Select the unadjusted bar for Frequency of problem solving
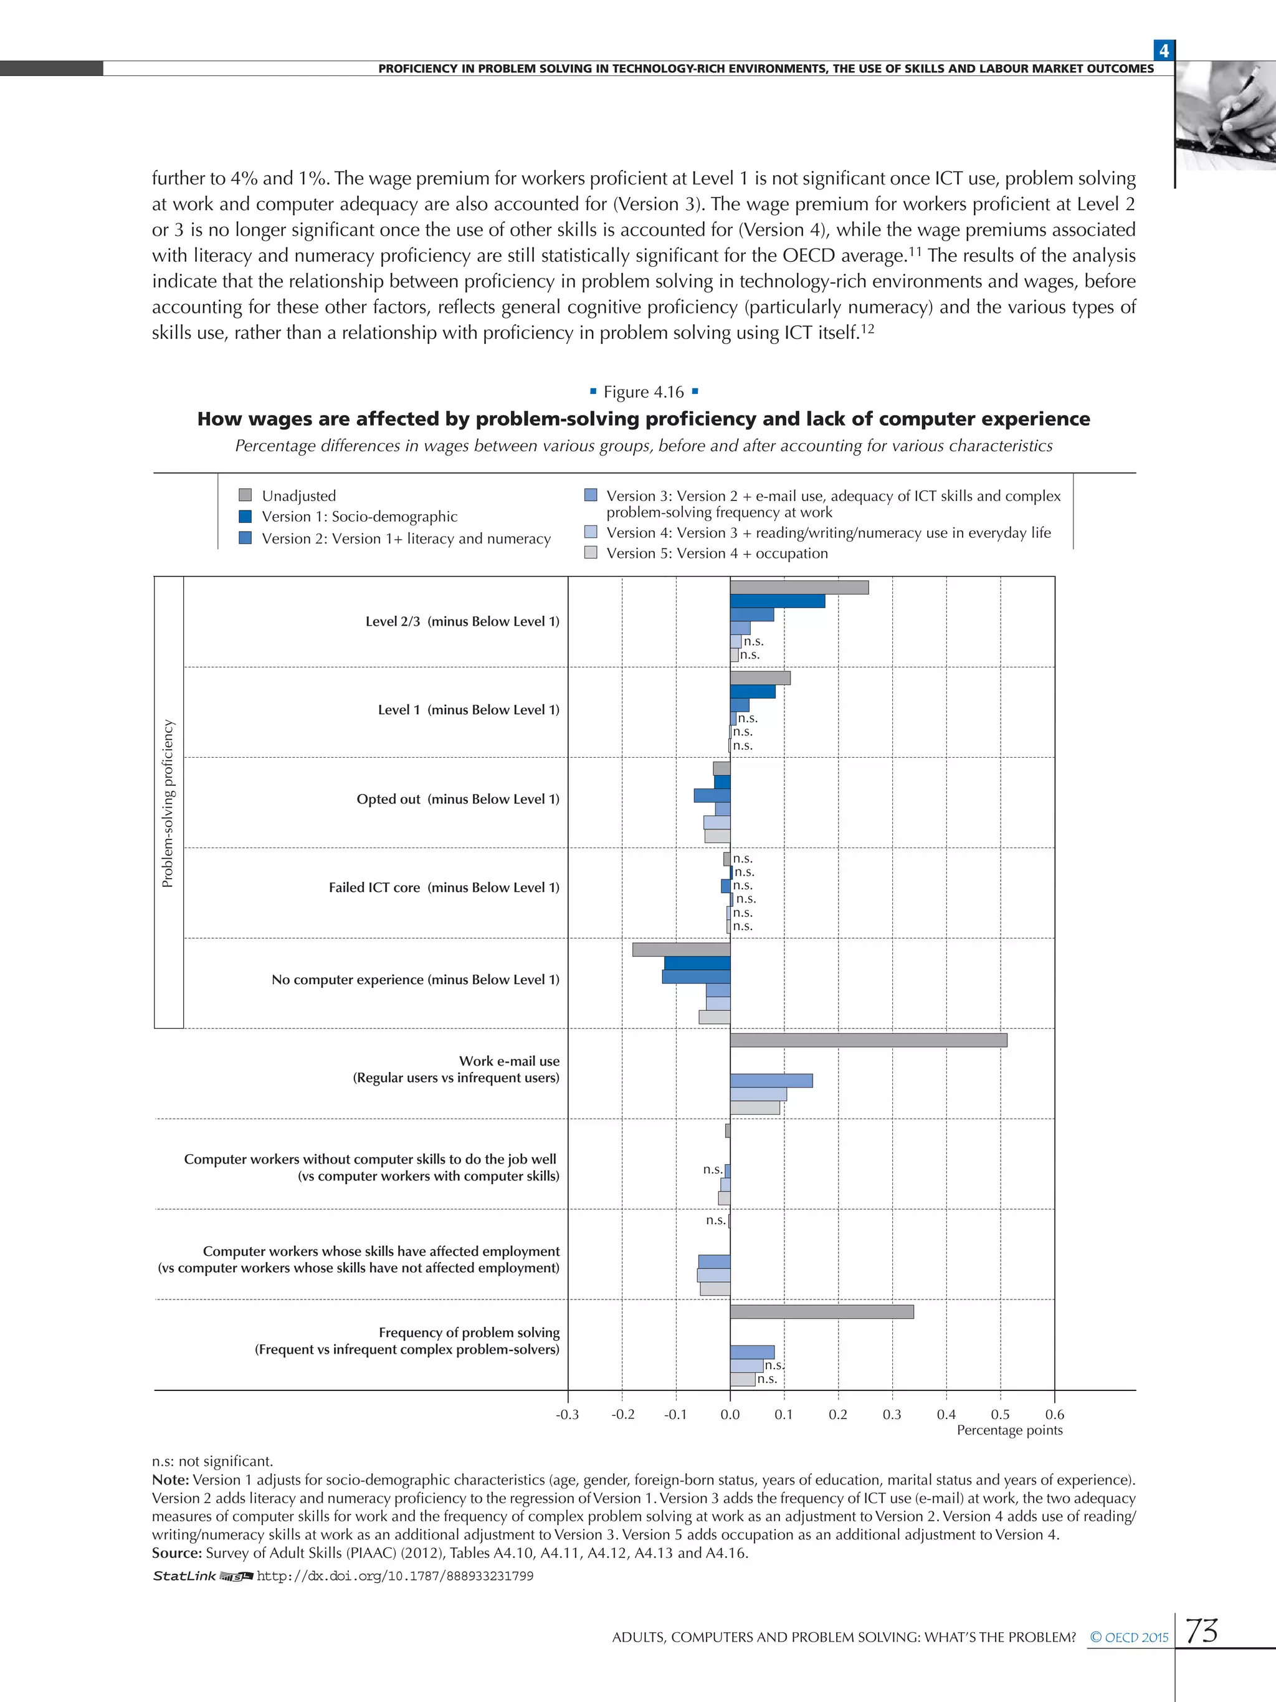[821, 1311]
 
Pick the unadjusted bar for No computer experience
[681, 950]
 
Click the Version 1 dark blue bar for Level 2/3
[777, 601]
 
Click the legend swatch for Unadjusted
[245, 495]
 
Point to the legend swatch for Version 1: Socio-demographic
[245, 516]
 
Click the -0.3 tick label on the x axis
[567, 1414]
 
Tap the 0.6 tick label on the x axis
[1054, 1414]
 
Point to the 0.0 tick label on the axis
[730, 1414]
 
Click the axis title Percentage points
[1009, 1430]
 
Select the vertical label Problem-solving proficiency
[168, 803]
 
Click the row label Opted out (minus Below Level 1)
[458, 799]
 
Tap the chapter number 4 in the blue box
[1164, 50]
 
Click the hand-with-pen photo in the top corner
[1226, 115]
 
